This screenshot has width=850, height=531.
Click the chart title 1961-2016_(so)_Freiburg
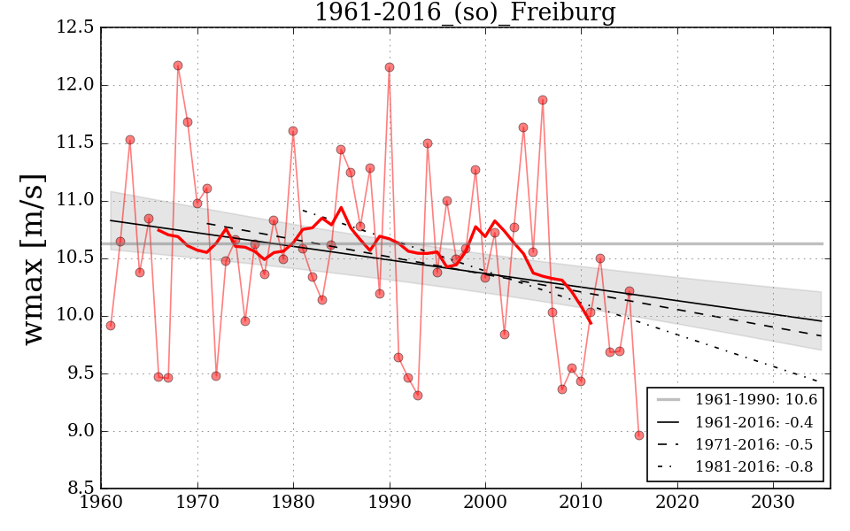(x=465, y=13)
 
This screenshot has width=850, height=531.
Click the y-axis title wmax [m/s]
(x=34, y=258)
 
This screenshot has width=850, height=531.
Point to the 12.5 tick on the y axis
(x=77, y=28)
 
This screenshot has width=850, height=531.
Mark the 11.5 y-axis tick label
(x=77, y=143)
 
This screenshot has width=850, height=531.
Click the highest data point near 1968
(x=178, y=65)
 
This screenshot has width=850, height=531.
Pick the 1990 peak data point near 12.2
(x=390, y=67)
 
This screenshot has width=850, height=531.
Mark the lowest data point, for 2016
(x=639, y=435)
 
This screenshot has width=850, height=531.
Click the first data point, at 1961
(x=111, y=326)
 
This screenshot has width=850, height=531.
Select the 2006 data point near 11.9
(x=543, y=100)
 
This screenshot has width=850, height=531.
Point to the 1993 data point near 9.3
(x=418, y=396)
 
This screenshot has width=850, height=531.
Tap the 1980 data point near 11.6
(x=293, y=131)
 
